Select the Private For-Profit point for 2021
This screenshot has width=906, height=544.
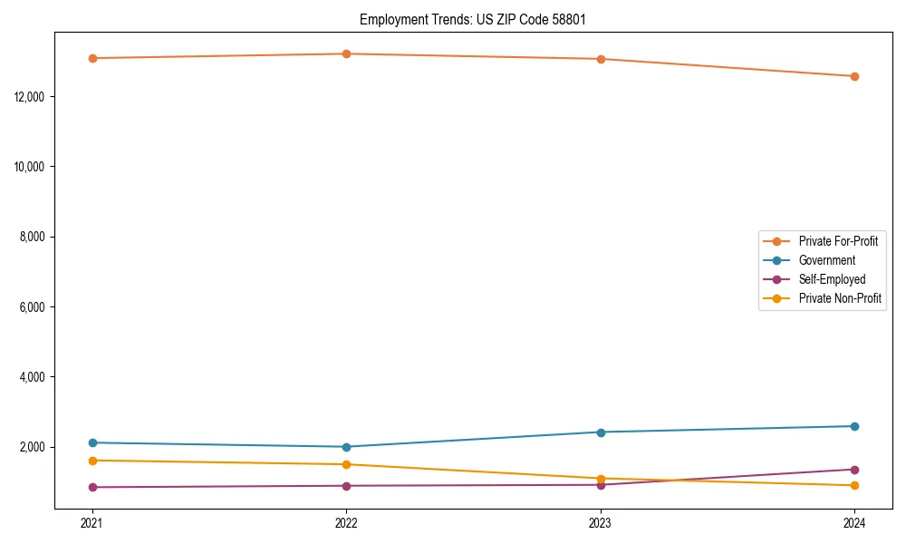(x=92, y=58)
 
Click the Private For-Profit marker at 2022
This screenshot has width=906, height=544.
(x=346, y=53)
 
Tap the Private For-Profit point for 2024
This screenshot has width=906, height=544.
(x=854, y=76)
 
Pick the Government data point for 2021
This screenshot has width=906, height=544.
(x=92, y=442)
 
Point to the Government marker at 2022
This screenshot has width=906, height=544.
(x=346, y=447)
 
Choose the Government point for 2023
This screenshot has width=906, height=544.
(x=601, y=432)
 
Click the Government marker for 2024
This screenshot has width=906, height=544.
(x=854, y=426)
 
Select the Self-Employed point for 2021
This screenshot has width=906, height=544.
(x=92, y=487)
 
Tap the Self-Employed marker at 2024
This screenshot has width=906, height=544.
(x=854, y=470)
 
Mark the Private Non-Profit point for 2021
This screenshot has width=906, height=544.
(x=92, y=461)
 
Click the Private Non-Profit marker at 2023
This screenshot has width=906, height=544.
(x=601, y=478)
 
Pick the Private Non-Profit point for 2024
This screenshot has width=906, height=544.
(x=854, y=485)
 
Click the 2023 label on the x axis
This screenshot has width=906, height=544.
(x=601, y=523)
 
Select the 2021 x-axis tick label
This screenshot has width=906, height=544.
(x=92, y=523)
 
